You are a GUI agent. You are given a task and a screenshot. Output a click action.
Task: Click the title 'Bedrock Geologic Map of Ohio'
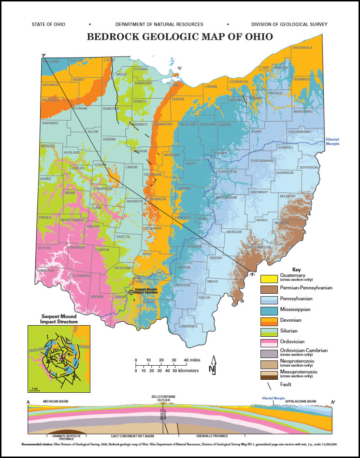(179, 36)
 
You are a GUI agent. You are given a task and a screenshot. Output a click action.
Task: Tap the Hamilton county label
(45, 271)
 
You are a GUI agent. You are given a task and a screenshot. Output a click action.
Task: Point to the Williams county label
(50, 62)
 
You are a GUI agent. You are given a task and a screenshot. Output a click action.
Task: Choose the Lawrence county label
(189, 326)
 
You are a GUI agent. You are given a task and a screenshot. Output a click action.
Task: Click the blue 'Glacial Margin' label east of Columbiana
(332, 141)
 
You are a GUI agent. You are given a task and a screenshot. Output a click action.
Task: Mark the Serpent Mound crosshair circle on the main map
(131, 292)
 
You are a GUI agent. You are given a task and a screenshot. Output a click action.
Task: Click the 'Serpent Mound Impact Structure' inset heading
(52, 319)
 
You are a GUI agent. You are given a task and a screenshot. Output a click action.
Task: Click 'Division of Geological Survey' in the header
(289, 24)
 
